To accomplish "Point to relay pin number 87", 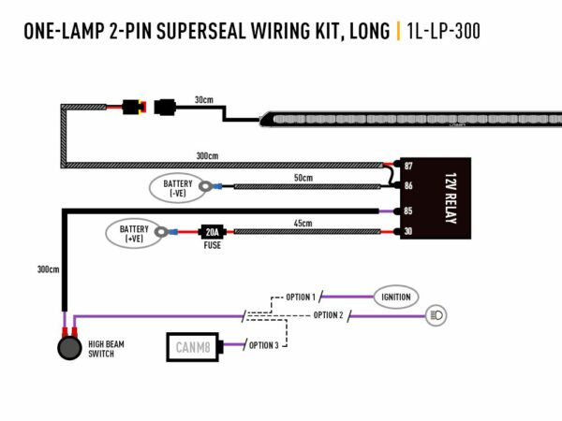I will [408, 166].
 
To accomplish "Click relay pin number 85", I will [408, 211].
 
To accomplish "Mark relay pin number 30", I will [408, 232].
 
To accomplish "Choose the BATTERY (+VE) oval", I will [133, 233].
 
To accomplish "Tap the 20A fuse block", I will [212, 231].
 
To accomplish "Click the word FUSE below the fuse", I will [212, 246].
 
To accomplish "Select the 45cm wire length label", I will [302, 223].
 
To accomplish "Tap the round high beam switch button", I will [68, 349].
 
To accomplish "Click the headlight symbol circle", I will [436, 315].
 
